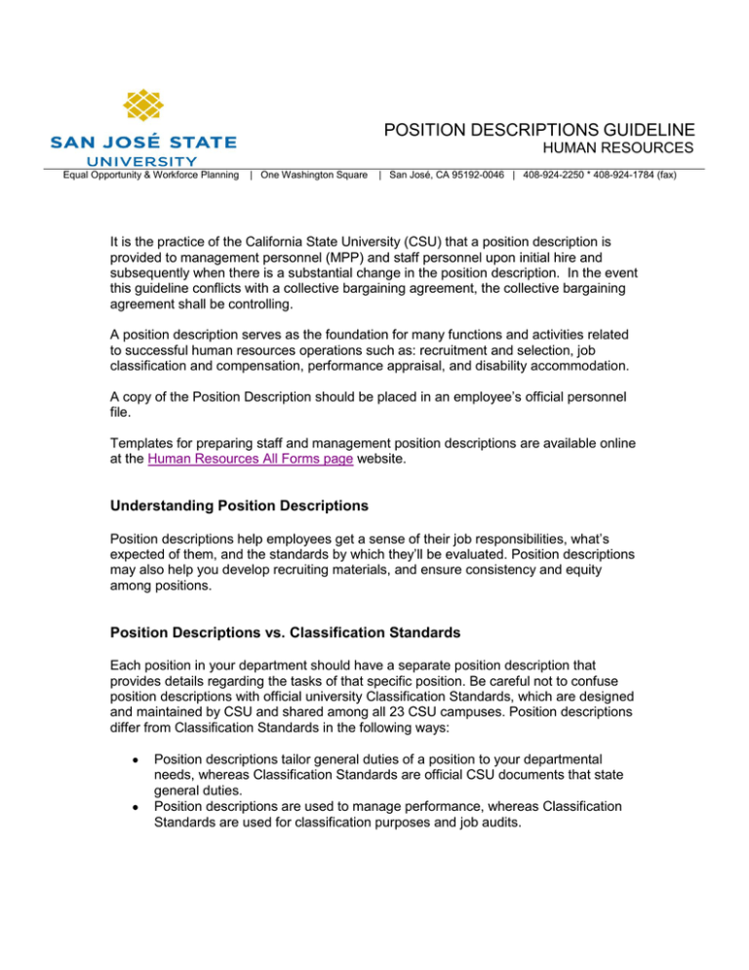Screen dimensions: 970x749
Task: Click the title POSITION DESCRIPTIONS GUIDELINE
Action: tap(539, 130)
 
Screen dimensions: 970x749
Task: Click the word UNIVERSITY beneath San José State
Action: tap(143, 160)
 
